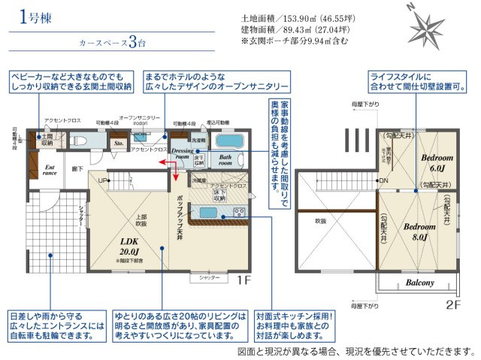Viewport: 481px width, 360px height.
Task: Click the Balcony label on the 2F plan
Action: pos(420,283)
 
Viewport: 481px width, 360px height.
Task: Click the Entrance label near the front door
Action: pos(50,171)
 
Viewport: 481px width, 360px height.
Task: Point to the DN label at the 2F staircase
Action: pos(383,181)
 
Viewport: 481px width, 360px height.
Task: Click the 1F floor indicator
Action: pos(244,280)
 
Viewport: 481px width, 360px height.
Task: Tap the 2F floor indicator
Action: pos(452,305)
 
